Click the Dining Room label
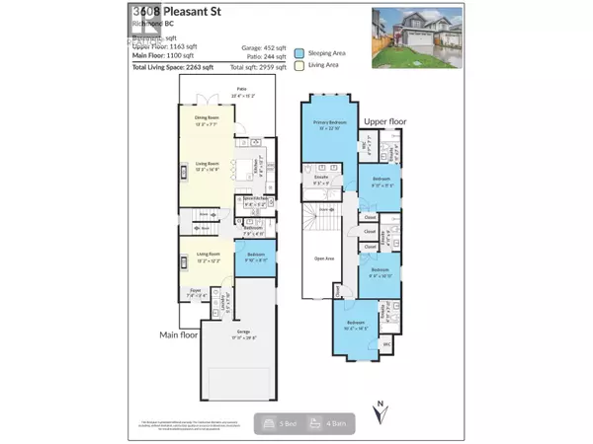(207, 122)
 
